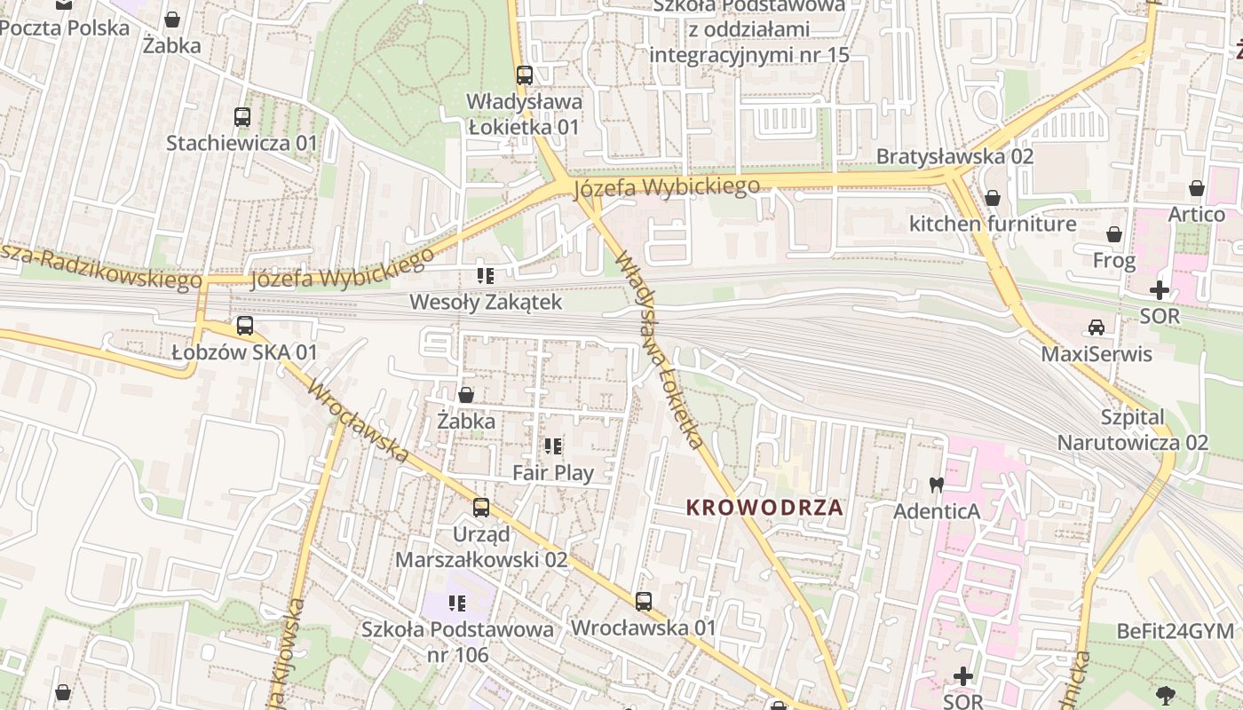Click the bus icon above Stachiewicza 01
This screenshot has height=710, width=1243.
click(241, 116)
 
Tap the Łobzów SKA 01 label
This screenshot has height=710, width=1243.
click(244, 352)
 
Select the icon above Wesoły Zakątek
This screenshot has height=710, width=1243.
click(485, 275)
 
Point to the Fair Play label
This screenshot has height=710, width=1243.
click(552, 473)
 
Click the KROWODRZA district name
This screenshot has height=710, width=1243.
click(764, 508)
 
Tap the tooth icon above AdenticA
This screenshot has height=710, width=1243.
click(935, 485)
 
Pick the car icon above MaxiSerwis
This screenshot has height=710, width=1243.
click(1097, 327)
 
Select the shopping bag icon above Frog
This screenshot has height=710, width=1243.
click(1113, 234)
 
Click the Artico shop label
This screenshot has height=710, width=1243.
click(1196, 214)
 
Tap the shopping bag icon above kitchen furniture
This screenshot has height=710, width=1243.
click(992, 197)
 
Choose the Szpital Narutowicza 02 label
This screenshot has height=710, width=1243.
click(1132, 430)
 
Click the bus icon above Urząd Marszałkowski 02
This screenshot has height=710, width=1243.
click(480, 508)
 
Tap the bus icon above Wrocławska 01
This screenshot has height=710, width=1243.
click(644, 601)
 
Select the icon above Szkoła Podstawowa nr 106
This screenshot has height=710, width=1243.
click(457, 603)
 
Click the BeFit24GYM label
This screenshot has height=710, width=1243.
click(1175, 631)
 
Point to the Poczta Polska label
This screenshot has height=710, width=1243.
click(64, 28)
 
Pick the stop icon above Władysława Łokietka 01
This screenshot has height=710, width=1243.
click(525, 75)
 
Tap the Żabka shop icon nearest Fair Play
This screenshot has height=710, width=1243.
click(465, 394)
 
